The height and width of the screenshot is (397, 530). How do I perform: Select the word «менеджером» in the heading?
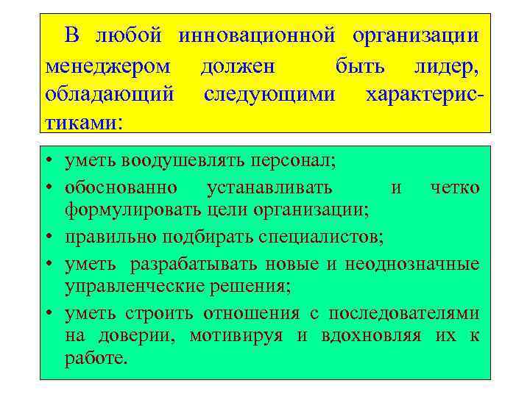(108, 67)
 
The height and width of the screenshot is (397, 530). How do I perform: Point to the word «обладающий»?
(110, 96)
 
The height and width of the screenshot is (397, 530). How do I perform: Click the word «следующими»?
(269, 96)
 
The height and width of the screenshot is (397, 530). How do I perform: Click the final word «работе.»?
(96, 361)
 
